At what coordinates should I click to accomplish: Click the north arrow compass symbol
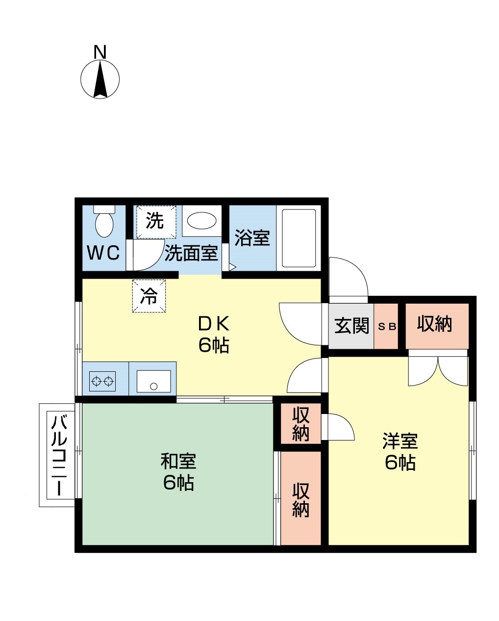click(x=100, y=79)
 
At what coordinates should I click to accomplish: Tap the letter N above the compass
click(x=100, y=52)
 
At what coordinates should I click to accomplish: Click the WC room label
click(x=103, y=253)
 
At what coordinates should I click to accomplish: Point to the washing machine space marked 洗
click(x=155, y=221)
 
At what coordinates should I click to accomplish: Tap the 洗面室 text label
click(x=191, y=253)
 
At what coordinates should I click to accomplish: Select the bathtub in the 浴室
click(x=299, y=238)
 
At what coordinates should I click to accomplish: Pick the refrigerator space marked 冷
click(x=149, y=296)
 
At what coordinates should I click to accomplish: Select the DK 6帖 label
click(x=214, y=334)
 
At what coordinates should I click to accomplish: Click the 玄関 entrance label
click(x=351, y=326)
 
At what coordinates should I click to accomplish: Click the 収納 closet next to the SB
click(x=435, y=324)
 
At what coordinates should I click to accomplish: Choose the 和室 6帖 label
click(x=178, y=472)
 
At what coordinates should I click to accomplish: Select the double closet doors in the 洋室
click(x=438, y=370)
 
